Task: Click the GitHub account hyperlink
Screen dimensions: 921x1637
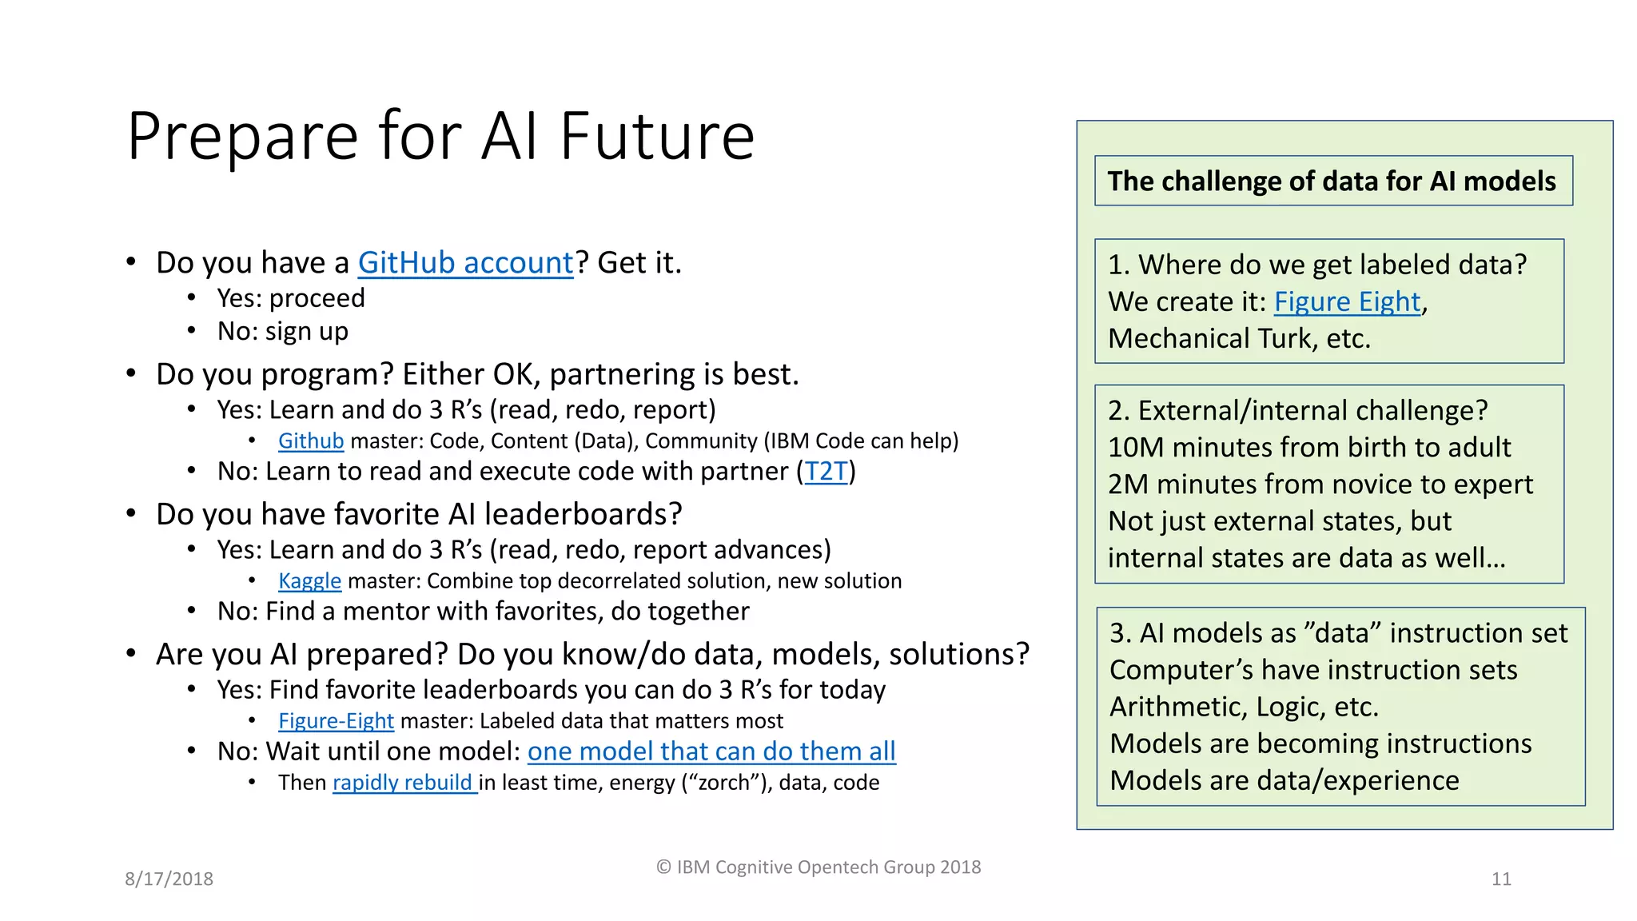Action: click(465, 263)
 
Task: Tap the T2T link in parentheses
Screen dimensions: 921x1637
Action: click(826, 472)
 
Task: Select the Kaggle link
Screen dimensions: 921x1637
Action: click(309, 581)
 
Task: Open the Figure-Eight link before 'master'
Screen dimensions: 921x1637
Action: click(336, 721)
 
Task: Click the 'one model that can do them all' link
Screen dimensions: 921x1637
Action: click(711, 752)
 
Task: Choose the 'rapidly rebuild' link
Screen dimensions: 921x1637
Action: click(403, 783)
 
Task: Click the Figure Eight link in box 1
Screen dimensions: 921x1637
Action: click(1347, 302)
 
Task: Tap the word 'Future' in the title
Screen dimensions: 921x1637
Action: click(656, 137)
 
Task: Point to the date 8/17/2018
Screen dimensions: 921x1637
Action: click(169, 879)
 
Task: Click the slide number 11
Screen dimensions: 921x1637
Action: click(1501, 879)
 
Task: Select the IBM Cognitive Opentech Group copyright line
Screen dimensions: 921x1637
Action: click(818, 867)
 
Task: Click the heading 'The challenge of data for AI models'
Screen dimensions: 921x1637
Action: click(1332, 181)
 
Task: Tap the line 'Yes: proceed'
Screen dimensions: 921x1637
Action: click(291, 298)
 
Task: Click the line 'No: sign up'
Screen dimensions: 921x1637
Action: click(283, 331)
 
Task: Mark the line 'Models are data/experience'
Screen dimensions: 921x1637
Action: click(1284, 781)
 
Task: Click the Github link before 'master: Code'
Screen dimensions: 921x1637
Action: click(310, 441)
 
